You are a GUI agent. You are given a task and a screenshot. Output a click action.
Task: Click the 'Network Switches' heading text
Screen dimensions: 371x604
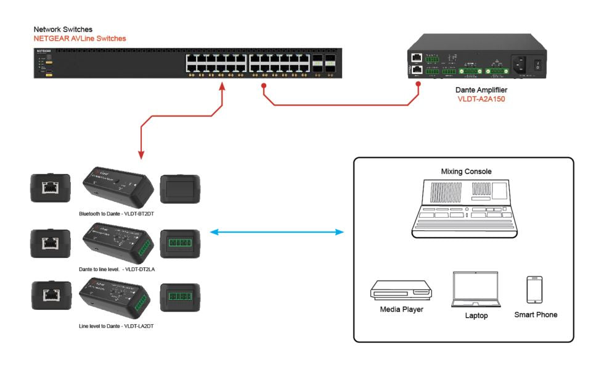pos(63,29)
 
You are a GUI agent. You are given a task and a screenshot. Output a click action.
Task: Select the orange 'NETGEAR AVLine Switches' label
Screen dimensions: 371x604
pos(80,38)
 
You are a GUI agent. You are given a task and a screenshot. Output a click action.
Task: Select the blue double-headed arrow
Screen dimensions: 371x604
pos(277,232)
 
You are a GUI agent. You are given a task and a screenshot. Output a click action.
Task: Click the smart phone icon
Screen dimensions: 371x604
pos(534,290)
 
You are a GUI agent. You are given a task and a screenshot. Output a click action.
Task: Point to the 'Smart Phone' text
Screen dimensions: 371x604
pos(536,315)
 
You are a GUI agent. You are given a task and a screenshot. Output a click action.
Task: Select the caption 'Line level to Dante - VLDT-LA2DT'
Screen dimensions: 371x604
pos(116,325)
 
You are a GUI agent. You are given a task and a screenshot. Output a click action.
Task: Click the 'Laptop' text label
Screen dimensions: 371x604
pos(476,315)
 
